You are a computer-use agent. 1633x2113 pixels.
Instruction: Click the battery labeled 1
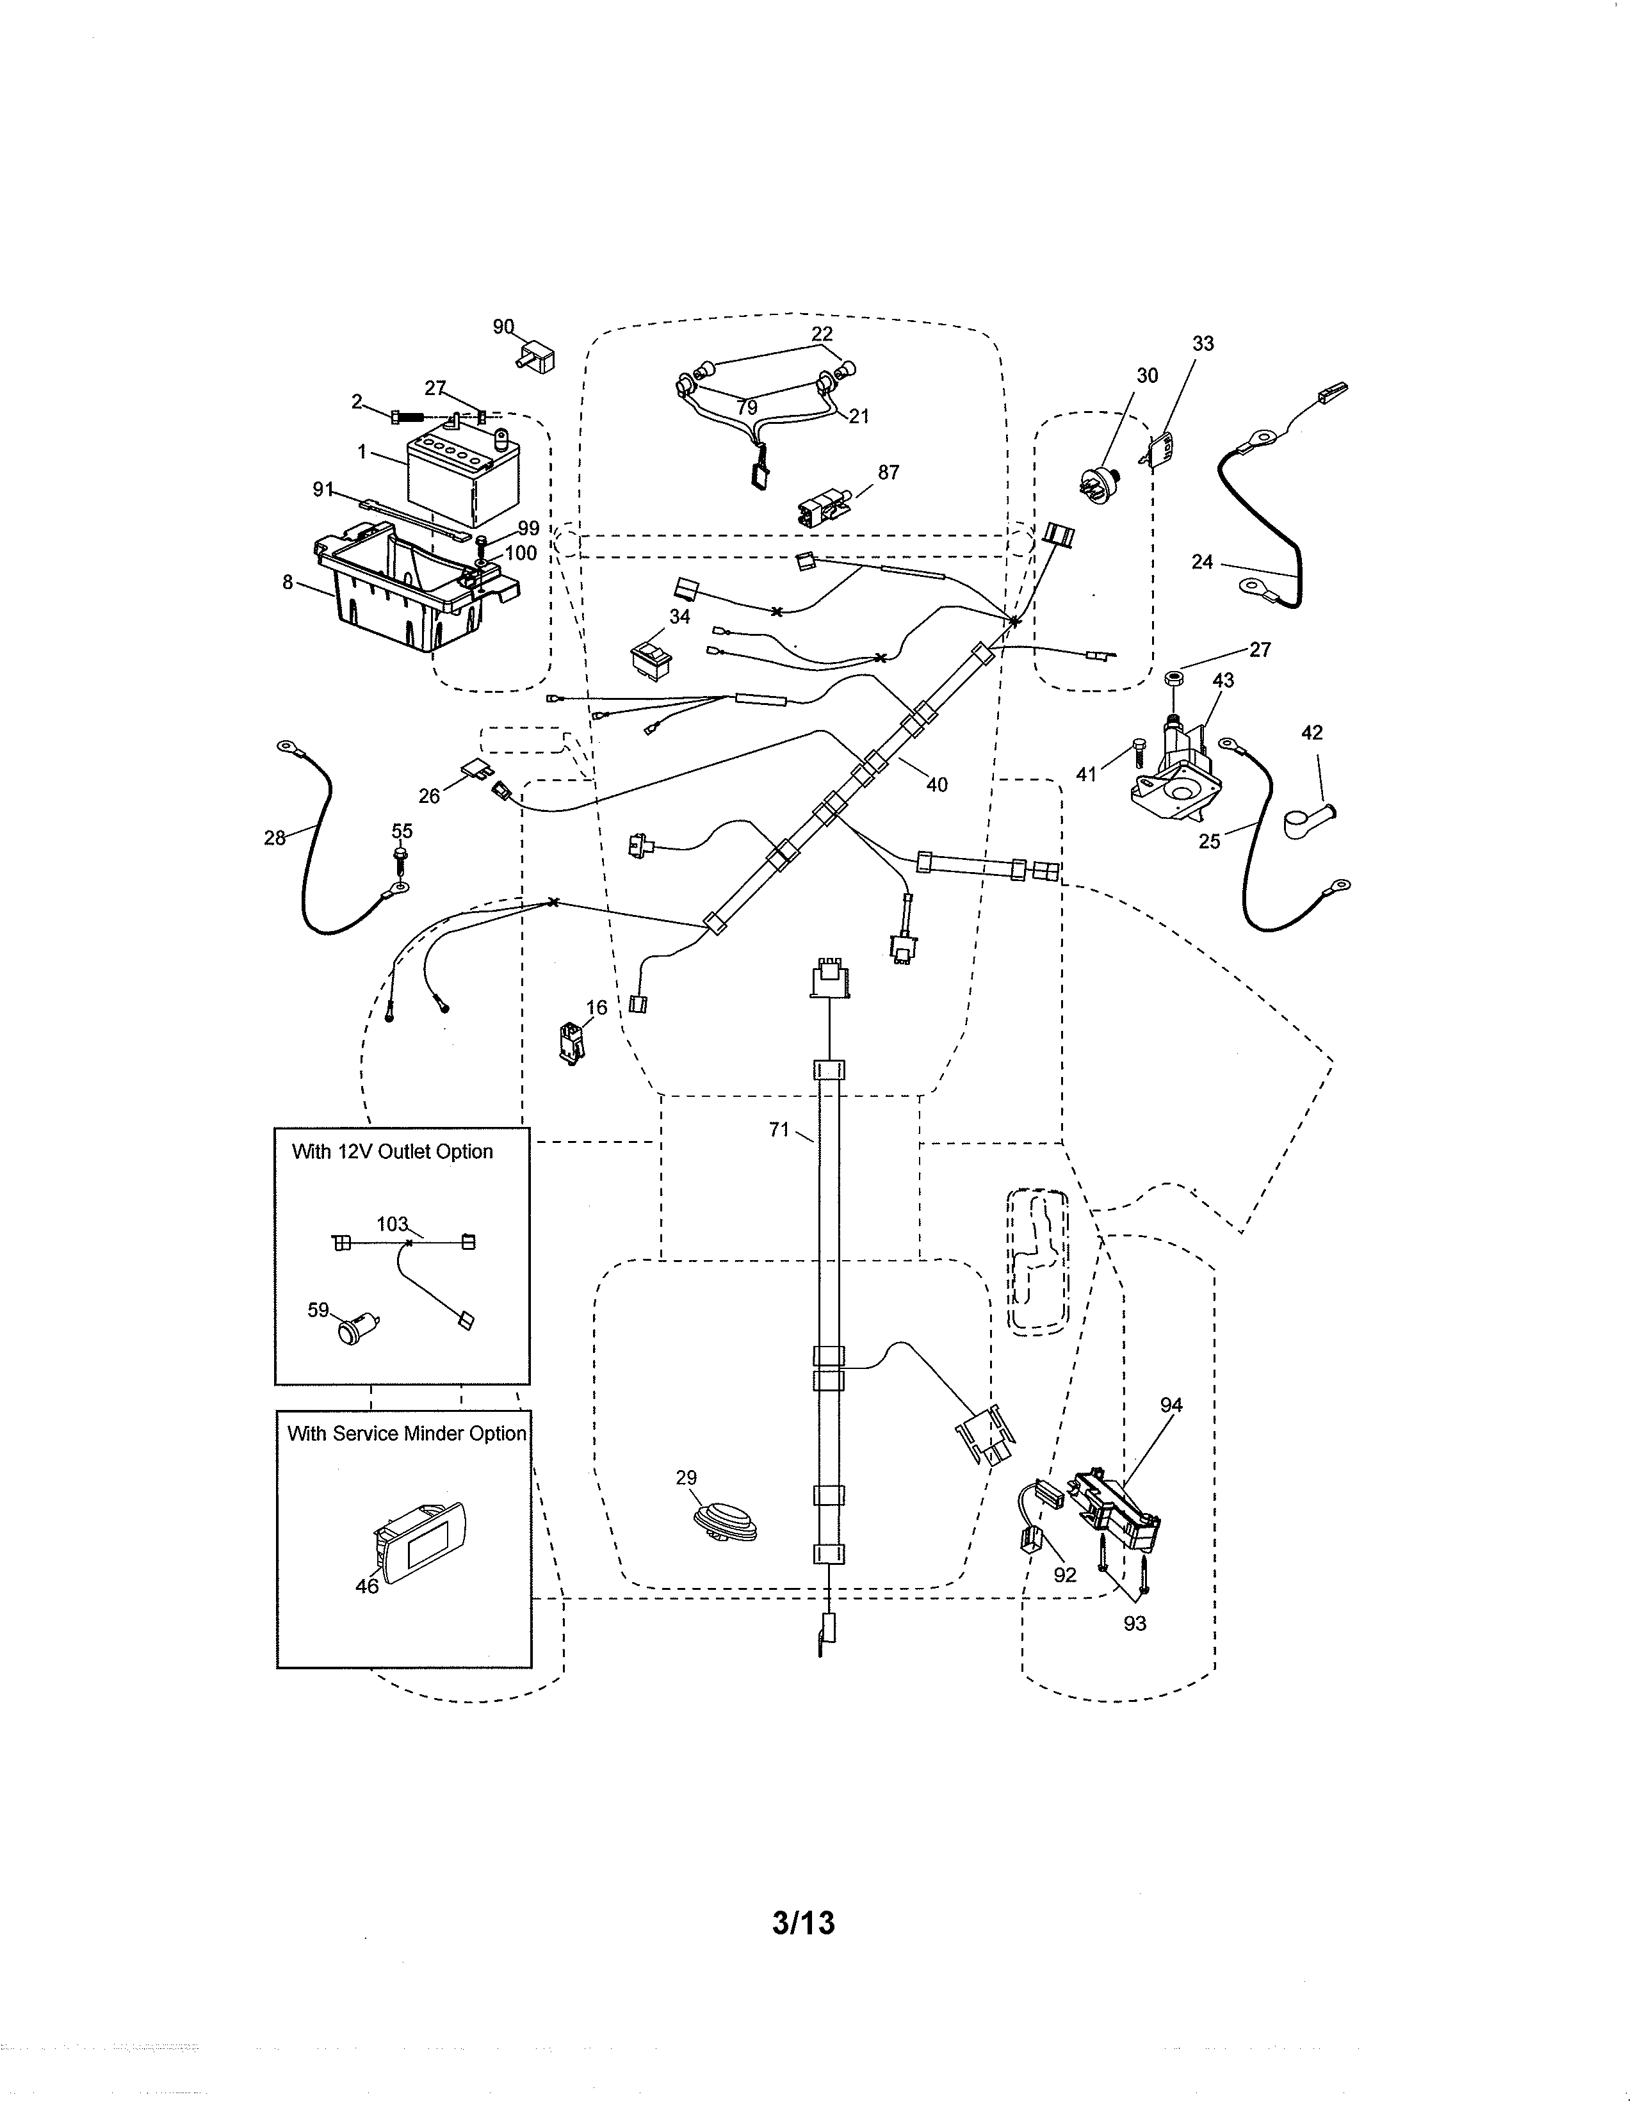point(462,481)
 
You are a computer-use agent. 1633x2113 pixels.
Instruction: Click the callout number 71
point(779,1129)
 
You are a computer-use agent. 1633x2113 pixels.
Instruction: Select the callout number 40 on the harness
point(936,784)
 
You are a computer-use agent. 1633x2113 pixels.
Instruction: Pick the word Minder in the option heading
point(434,1434)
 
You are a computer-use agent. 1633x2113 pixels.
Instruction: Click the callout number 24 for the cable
point(1201,562)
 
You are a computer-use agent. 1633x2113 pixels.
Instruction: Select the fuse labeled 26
point(481,771)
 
